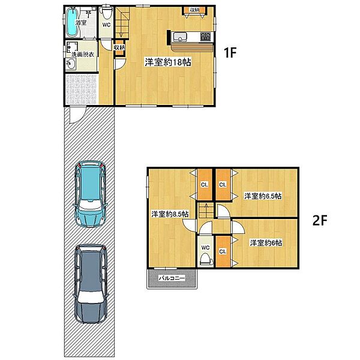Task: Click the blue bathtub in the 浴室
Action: tap(73, 22)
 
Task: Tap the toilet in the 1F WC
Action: tap(107, 13)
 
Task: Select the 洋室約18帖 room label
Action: tap(168, 62)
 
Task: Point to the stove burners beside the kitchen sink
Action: tap(205, 37)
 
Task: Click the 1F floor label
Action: tap(230, 53)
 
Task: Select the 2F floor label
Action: tap(320, 220)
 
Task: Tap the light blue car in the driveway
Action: tap(90, 194)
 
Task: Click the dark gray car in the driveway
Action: tap(91, 284)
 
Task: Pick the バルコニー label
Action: tap(172, 278)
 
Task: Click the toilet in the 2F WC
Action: tap(205, 259)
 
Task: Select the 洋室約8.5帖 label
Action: tap(170, 214)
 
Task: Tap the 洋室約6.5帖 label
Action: tap(263, 196)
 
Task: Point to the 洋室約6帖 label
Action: tap(266, 243)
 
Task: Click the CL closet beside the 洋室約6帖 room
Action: tap(223, 251)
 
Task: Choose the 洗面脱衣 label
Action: tap(83, 55)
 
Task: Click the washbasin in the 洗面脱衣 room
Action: tap(71, 64)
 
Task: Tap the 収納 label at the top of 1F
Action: tap(194, 10)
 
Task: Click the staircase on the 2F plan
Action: tap(206, 211)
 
